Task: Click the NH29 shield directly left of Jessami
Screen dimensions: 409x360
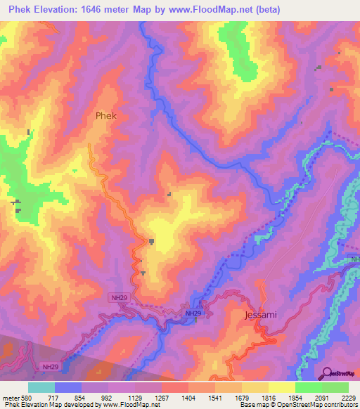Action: pos(194,313)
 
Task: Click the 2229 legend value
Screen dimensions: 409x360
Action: pos(347,397)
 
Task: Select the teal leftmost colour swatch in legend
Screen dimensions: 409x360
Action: pos(41,387)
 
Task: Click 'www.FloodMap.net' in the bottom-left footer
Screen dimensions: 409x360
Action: pos(131,405)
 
